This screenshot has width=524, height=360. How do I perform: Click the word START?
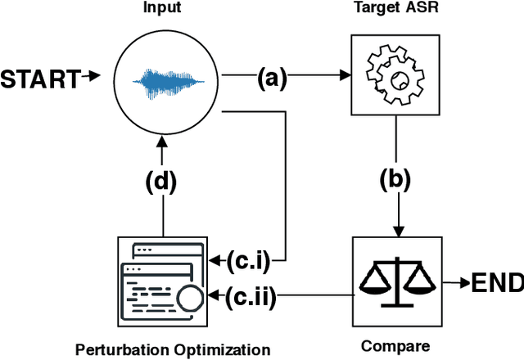tap(40, 79)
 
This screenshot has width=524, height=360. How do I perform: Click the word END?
tap(496, 283)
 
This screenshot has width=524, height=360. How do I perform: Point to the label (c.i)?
tap(245, 262)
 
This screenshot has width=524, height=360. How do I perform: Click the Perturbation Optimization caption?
tap(173, 349)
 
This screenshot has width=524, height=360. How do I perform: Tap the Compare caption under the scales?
tap(396, 346)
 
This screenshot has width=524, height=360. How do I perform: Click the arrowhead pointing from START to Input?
tap(96, 79)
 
